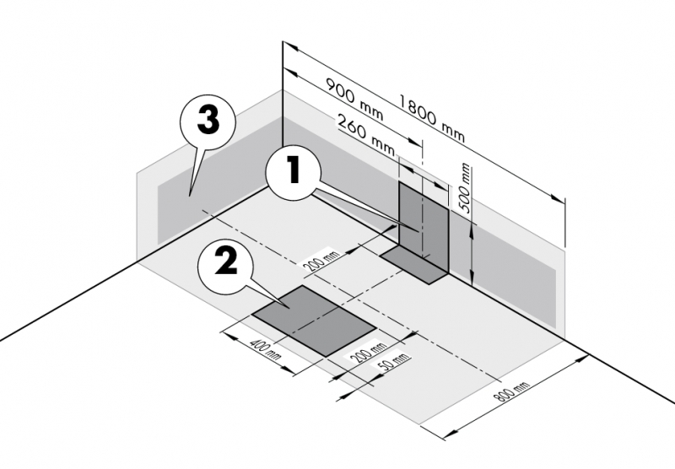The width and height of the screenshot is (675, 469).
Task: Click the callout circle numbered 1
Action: pyautogui.click(x=293, y=171)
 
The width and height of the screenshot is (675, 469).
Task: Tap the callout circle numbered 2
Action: pyautogui.click(x=225, y=267)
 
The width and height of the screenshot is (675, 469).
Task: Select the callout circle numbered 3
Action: pyautogui.click(x=208, y=121)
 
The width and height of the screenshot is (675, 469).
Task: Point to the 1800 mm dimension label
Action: pyautogui.click(x=432, y=118)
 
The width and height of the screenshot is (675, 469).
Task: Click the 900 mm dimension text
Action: pyautogui.click(x=354, y=100)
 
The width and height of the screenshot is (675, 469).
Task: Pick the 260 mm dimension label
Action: pyautogui.click(x=366, y=134)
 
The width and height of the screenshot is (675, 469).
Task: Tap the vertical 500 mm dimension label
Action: pyautogui.click(x=465, y=188)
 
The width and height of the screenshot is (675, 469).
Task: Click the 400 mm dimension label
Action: pyautogui.click(x=265, y=349)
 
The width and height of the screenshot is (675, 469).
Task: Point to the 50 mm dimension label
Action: pyautogui.click(x=393, y=361)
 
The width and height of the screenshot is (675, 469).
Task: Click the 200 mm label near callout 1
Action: pyautogui.click(x=321, y=262)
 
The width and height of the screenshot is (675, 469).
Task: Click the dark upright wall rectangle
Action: pyautogui.click(x=424, y=226)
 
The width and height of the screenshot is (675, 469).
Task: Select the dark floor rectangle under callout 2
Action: pyautogui.click(x=314, y=321)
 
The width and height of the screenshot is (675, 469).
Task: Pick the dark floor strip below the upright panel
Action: pyautogui.click(x=414, y=265)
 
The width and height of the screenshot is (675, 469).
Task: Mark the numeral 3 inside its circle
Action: pyautogui.click(x=208, y=121)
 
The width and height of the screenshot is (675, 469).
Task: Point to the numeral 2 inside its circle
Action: pyautogui.click(x=225, y=262)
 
